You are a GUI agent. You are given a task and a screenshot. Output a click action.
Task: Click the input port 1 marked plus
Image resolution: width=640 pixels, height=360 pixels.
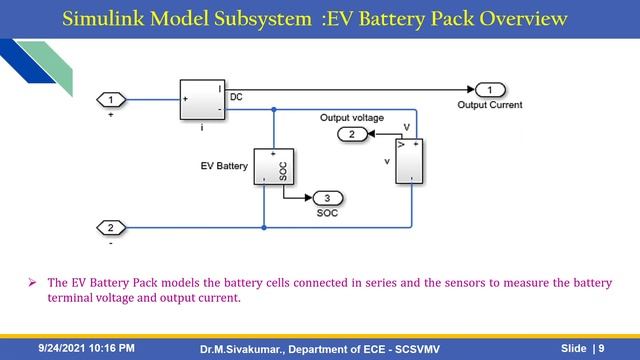click(x=111, y=99)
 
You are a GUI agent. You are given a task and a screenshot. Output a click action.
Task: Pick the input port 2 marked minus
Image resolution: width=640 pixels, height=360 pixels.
click(x=111, y=227)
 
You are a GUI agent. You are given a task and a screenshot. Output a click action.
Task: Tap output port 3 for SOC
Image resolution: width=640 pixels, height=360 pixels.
click(x=326, y=198)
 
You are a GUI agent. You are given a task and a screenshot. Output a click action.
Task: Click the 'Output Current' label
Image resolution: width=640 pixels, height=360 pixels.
click(x=489, y=104)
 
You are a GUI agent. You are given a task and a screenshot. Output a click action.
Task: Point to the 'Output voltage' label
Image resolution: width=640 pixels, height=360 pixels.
click(x=351, y=117)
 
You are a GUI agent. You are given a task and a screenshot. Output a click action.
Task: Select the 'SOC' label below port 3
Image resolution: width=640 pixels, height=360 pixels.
click(x=327, y=213)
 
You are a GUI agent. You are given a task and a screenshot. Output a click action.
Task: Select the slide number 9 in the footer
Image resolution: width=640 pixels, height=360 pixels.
click(x=601, y=348)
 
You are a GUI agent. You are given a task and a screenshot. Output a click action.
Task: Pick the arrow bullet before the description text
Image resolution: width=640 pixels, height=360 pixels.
click(x=32, y=283)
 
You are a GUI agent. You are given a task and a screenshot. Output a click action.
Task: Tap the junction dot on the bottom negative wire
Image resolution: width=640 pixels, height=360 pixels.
click(x=264, y=227)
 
